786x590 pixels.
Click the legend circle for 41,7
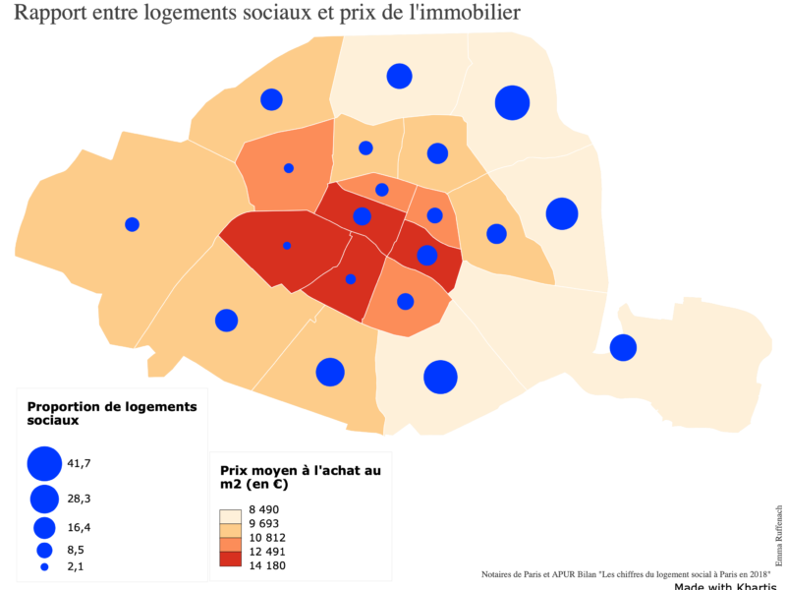coord(44,464)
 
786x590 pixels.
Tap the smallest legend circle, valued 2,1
coord(44,567)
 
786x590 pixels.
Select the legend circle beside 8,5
coord(44,550)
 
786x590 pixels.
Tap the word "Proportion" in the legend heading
coord(68,406)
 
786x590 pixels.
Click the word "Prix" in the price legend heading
coord(236,470)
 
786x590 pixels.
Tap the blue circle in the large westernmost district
coord(132,224)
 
